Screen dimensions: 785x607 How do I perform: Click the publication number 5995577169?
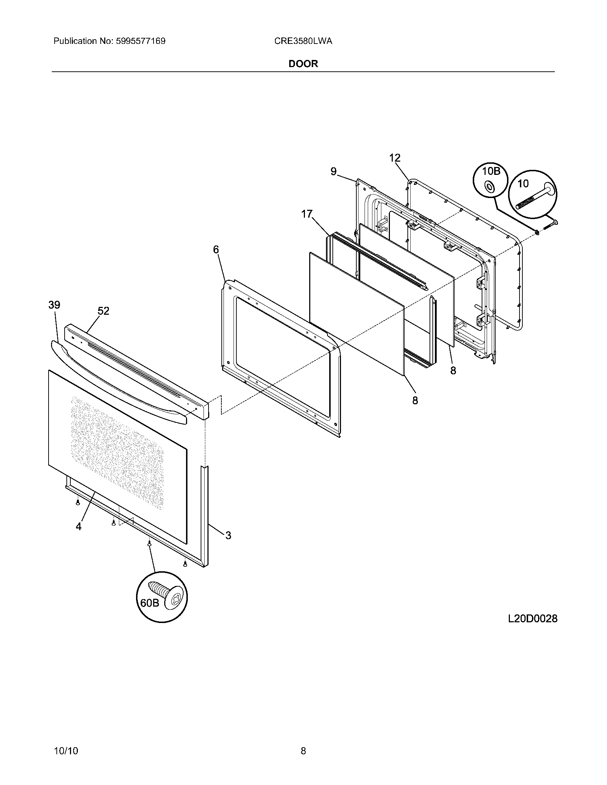[140, 41]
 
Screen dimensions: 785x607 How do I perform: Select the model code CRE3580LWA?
[303, 41]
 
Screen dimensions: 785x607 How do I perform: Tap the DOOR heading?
[303, 64]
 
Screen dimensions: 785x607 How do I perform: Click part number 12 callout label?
[395, 157]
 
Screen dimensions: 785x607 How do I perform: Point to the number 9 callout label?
[333, 172]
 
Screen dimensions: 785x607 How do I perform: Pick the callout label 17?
[306, 214]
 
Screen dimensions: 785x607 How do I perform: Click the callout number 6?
[216, 249]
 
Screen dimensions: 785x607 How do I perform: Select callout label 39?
[54, 305]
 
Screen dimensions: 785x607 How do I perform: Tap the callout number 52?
[103, 311]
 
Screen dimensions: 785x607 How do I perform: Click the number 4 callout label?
[79, 526]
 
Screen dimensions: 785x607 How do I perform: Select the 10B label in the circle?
[491, 171]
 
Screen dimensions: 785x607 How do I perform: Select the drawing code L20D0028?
[532, 619]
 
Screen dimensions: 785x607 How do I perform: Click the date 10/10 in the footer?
[66, 740]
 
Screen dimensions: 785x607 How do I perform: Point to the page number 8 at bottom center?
[303, 740]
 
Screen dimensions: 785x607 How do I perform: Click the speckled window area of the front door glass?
[117, 453]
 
